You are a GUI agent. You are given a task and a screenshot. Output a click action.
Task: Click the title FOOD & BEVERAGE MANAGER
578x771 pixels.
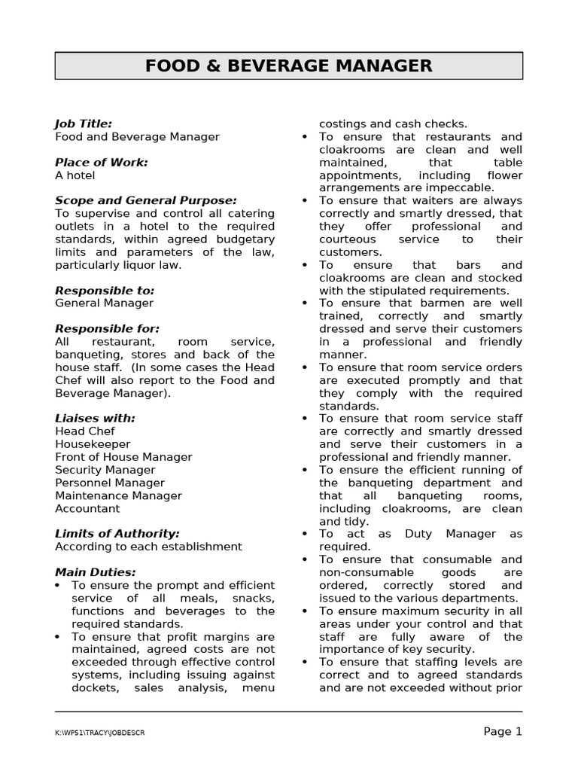[x=288, y=66]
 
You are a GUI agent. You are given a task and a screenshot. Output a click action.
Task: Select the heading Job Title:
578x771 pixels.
[x=84, y=123]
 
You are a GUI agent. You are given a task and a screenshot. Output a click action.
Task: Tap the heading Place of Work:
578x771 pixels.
[x=102, y=162]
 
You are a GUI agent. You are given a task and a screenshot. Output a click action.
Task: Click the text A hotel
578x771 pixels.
[x=75, y=175]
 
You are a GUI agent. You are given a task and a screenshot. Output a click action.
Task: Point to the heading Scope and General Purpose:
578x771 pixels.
[x=146, y=200]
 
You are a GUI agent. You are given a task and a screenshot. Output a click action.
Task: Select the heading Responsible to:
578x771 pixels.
[x=105, y=290]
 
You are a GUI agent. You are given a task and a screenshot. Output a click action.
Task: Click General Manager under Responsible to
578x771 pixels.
[x=104, y=303]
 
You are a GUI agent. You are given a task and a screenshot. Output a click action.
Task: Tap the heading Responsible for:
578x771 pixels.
[x=107, y=328]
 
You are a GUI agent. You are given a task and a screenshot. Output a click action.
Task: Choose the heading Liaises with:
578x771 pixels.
[x=95, y=418]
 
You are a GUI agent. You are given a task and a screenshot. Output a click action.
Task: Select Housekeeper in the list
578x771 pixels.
[x=93, y=444]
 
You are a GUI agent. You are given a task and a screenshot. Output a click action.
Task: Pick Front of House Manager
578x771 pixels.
[x=123, y=457]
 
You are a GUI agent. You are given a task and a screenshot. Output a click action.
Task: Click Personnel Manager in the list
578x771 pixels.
[x=110, y=483]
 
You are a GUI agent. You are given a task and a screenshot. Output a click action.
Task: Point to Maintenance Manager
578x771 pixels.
[x=118, y=495]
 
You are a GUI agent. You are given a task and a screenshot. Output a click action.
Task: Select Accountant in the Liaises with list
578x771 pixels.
[x=87, y=508]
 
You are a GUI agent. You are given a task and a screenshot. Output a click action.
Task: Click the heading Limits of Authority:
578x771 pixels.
[x=117, y=533]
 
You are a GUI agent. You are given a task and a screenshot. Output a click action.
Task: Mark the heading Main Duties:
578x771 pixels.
[x=96, y=572]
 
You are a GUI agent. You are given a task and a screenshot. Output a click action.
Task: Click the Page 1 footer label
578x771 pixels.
[x=502, y=731]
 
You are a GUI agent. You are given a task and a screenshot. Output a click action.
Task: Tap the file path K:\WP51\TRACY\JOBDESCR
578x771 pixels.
[x=99, y=733]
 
